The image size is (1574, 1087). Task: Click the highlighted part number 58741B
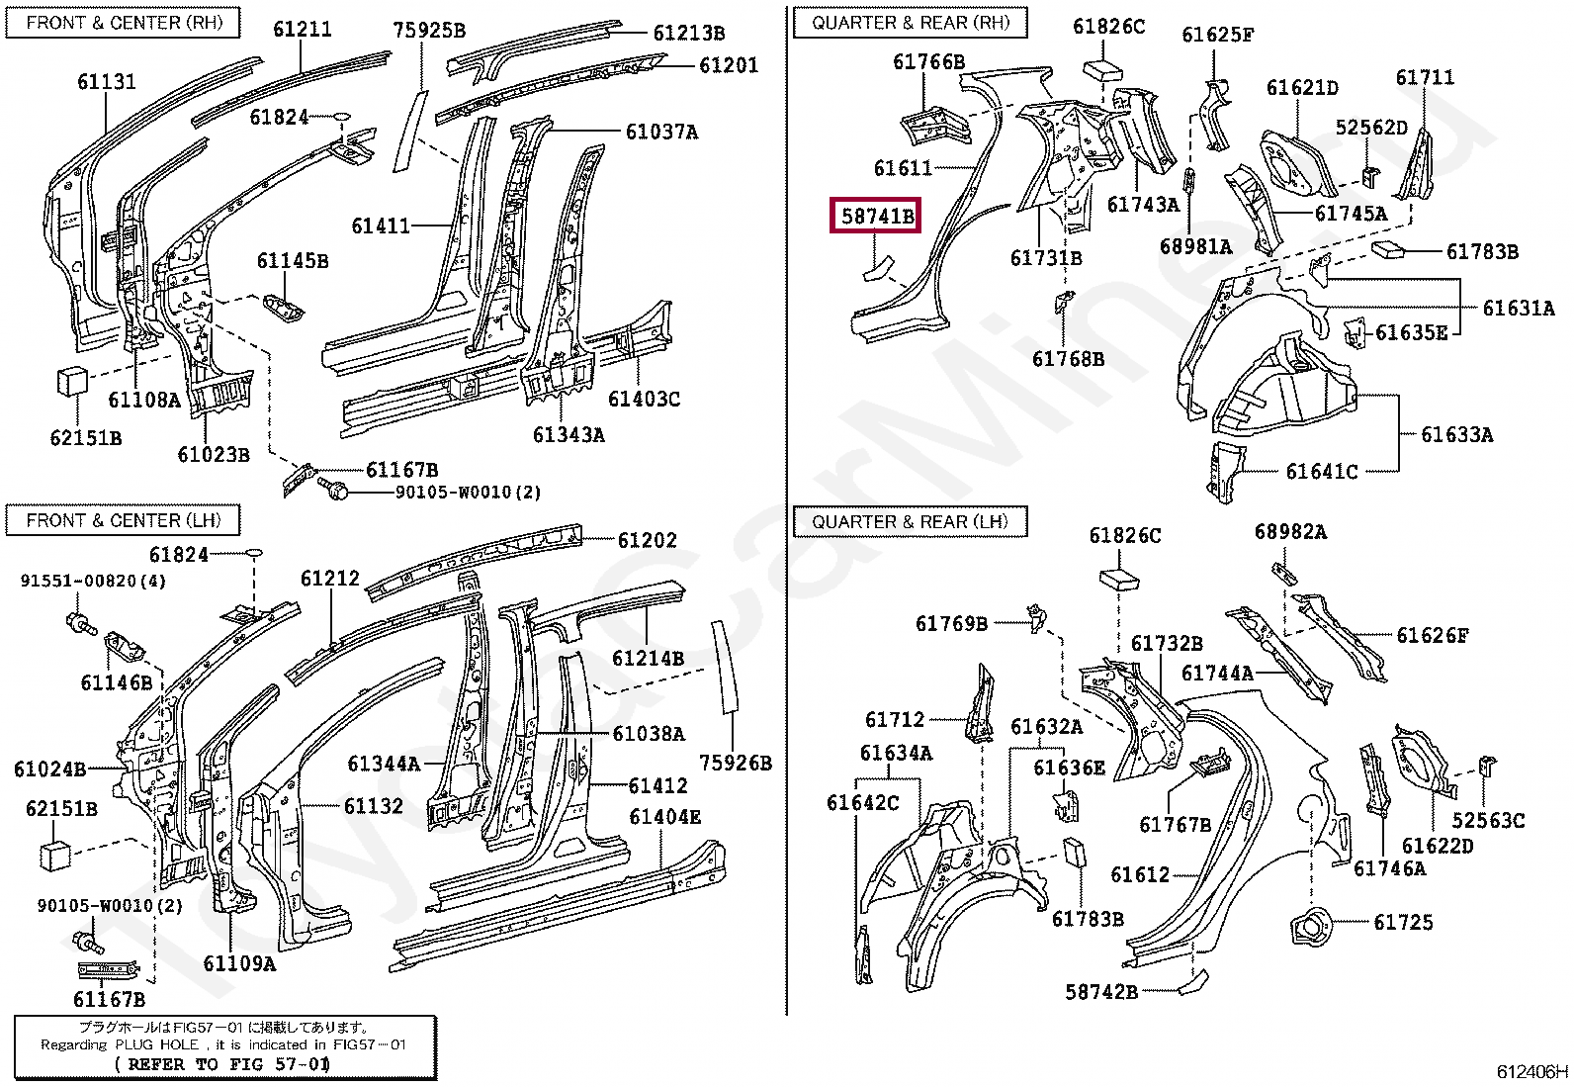876,215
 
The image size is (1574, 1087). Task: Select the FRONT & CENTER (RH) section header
124,23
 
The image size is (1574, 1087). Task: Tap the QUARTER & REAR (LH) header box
910,521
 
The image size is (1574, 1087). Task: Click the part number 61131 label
107,82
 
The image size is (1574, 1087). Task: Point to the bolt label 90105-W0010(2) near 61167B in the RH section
468,492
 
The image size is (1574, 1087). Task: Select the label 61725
1403,922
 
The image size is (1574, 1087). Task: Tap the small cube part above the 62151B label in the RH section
71,381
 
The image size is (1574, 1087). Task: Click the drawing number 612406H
1530,1071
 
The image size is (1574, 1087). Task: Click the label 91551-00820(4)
93,581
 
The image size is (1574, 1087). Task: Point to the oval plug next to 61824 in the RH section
339,117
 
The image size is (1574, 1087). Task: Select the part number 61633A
1456,434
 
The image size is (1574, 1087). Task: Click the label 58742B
1100,991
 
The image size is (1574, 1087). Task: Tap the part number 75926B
735,763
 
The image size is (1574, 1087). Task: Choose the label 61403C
644,399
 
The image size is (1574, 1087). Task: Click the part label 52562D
1371,128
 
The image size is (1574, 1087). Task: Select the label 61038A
648,733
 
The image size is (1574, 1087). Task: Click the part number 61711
1424,77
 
